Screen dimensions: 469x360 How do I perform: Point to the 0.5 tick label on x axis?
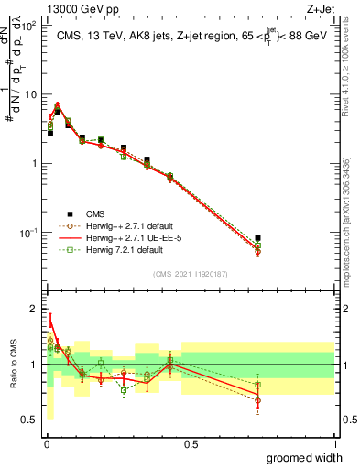pos(191,443)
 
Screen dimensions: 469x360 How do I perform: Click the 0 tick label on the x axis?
pos(46,443)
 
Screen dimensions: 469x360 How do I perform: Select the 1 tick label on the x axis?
pos(335,443)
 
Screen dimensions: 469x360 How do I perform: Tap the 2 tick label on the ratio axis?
pos(33,309)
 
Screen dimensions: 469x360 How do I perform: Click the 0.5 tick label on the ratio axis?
pos(30,420)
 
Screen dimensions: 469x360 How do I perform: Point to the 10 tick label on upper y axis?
pos(29,94)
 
